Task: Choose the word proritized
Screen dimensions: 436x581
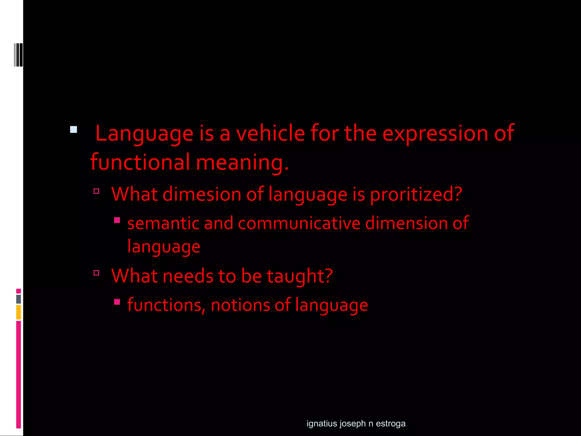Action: (416, 195)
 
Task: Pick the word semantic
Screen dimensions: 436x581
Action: (163, 223)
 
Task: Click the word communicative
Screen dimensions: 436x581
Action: (299, 223)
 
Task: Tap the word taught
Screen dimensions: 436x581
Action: (300, 276)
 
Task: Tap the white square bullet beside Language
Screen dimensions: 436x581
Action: (73, 130)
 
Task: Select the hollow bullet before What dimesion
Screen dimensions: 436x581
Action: (96, 191)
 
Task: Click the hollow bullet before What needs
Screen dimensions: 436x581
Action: (96, 273)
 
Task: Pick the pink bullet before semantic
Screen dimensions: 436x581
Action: (117, 220)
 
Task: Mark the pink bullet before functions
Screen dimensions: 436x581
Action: (117, 301)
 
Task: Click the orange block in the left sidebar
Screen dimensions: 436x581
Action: (18, 312)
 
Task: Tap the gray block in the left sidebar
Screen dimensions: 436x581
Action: (18, 299)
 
